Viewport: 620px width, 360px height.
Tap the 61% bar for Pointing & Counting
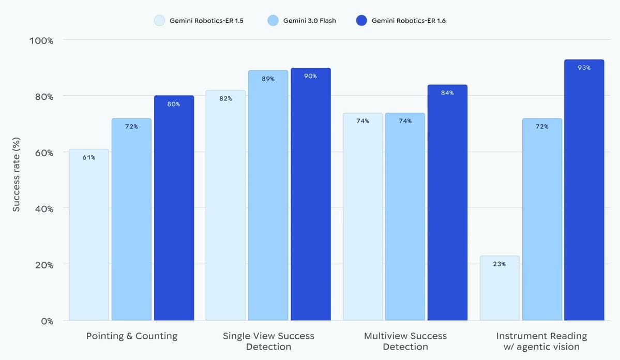(x=89, y=235)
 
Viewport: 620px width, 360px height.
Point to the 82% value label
(x=225, y=99)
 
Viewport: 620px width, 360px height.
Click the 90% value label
(x=310, y=76)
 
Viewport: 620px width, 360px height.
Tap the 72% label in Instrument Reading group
(x=541, y=127)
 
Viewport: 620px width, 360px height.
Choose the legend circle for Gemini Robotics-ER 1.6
(x=361, y=21)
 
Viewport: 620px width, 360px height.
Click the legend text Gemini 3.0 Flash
(x=309, y=21)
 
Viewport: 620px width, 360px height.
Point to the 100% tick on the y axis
(x=41, y=41)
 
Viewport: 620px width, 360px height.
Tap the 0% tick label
(x=47, y=321)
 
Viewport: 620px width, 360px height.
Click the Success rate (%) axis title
(x=16, y=174)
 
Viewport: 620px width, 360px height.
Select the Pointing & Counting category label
(x=131, y=336)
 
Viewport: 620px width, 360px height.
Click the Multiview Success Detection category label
(x=405, y=341)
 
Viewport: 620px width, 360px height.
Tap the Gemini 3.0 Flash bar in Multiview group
(x=405, y=217)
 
